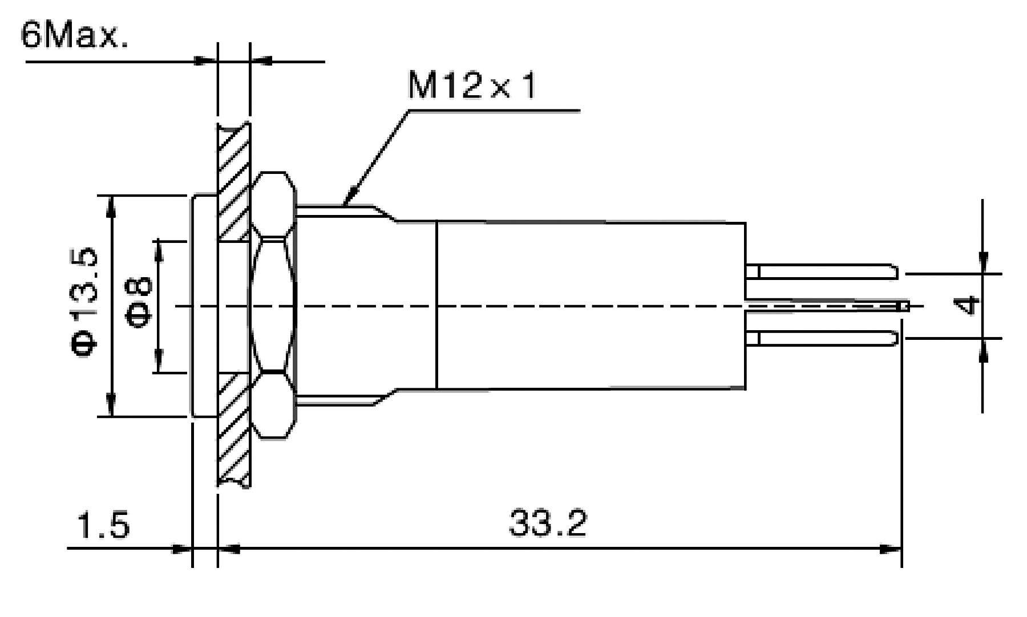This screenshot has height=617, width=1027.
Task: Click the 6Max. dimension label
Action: (74, 35)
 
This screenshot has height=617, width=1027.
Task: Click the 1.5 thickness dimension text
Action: (103, 525)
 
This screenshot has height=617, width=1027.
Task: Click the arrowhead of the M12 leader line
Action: (349, 198)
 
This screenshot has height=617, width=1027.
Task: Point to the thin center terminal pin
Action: (827, 306)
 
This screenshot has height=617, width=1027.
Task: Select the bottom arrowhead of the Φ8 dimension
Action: (159, 362)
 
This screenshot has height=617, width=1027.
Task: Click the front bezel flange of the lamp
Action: (204, 307)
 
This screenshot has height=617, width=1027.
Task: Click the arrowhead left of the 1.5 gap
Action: (181, 549)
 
